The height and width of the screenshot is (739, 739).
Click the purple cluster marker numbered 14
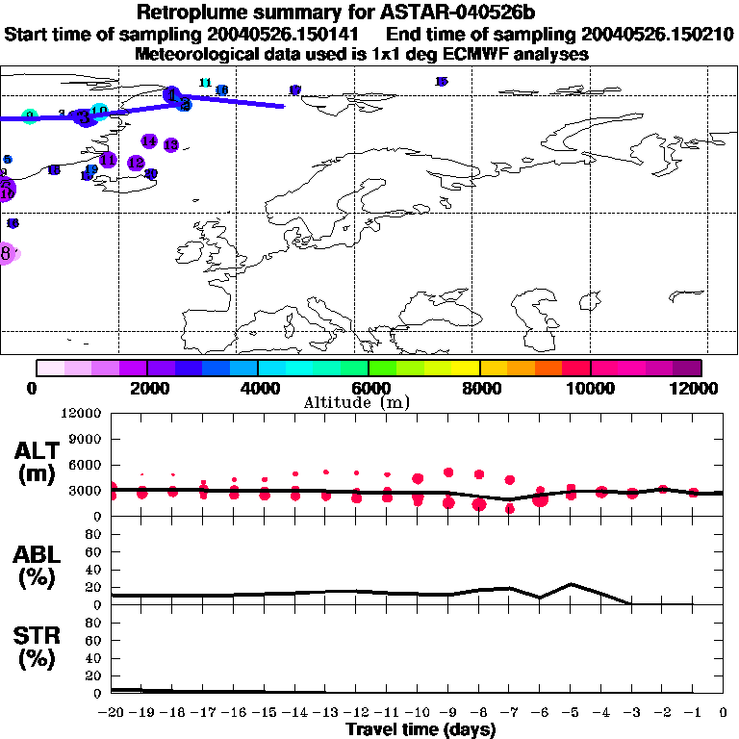click(148, 141)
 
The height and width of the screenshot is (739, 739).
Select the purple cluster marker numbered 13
click(170, 144)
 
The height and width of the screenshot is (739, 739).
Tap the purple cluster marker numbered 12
click(136, 163)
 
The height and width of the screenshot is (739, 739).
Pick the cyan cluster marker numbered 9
click(30, 116)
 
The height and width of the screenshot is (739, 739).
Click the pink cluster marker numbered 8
click(7, 254)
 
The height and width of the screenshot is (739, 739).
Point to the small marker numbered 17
click(294, 89)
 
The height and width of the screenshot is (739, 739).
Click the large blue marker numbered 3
click(85, 116)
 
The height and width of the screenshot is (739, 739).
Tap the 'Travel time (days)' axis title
click(420, 730)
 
